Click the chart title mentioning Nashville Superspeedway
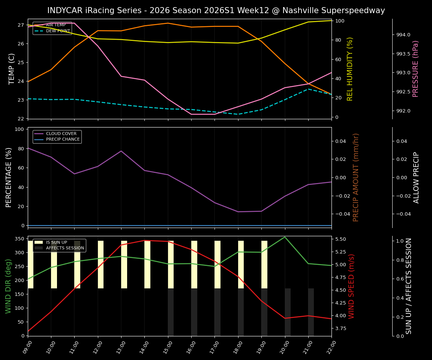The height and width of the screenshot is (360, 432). [216, 10]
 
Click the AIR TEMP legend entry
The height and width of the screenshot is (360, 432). [55, 25]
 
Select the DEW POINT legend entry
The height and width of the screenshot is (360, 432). [58, 31]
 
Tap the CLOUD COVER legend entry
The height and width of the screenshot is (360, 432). [61, 134]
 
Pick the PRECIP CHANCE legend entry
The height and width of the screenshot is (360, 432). [63, 139]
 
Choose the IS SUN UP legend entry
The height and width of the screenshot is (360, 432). [56, 243]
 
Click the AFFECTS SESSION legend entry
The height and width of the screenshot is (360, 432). [64, 248]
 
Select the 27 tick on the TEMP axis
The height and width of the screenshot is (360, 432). [21, 25]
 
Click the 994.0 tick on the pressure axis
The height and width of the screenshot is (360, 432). [403, 35]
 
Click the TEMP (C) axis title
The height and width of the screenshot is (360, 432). [12, 69]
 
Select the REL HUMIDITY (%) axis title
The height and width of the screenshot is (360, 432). [350, 69]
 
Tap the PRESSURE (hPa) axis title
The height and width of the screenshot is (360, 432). [415, 69]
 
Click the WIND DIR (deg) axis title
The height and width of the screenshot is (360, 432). [8, 286]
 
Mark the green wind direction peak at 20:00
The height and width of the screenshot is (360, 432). [285, 237]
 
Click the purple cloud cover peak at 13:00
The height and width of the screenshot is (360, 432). [121, 151]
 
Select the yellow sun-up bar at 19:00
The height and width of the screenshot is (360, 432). [264, 264]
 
